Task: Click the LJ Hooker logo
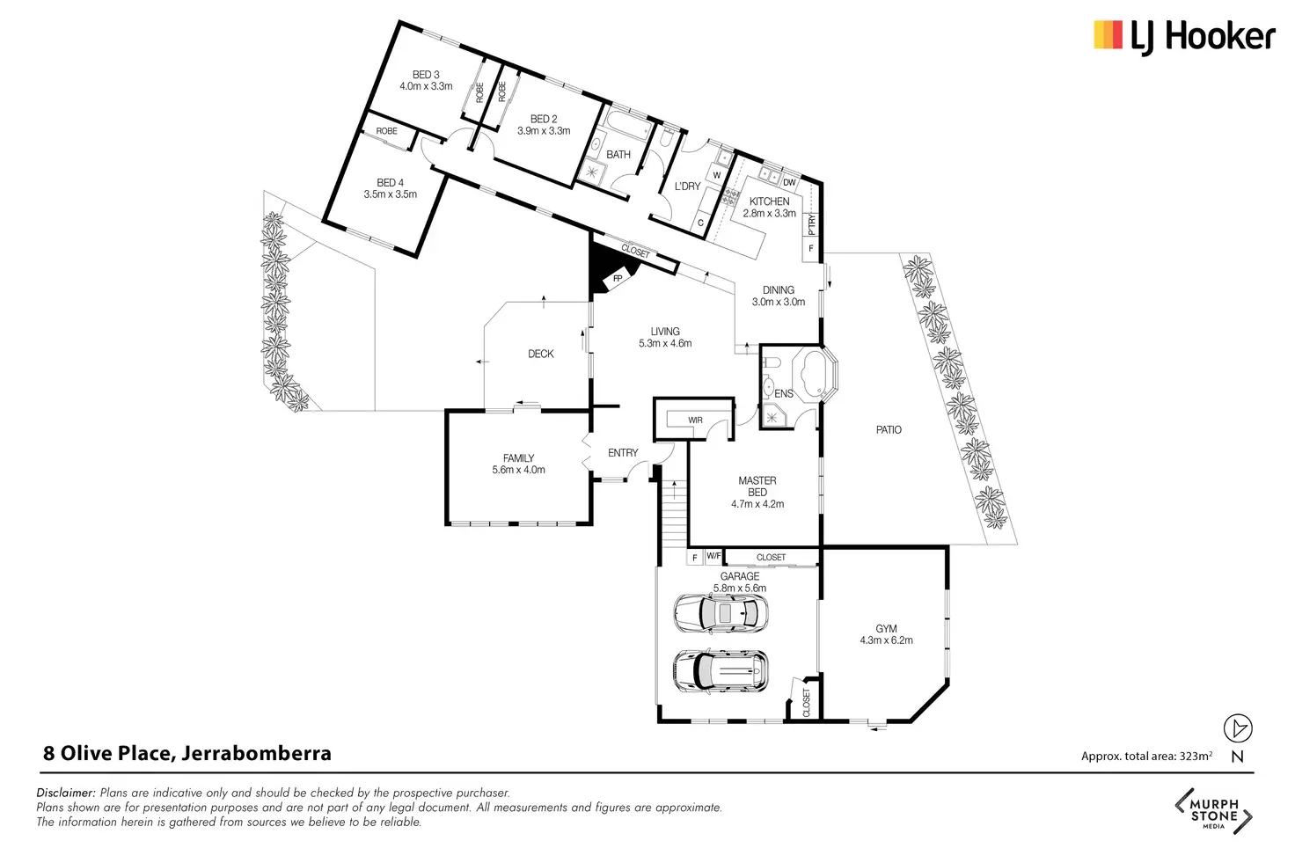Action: pos(1184,37)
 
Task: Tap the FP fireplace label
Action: pos(618,279)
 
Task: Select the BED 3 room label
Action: pos(426,75)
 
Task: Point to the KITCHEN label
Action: pos(769,201)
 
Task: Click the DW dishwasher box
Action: pos(789,183)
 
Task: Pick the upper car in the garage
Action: pos(721,612)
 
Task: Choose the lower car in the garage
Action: pos(721,671)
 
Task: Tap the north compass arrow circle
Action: pos(1238,728)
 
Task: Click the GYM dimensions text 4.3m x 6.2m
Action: pos(886,640)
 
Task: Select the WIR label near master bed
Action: pos(696,421)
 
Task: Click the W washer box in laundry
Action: pos(717,174)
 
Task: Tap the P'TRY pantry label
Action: pos(811,225)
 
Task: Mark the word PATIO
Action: pos(889,429)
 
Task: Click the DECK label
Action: pos(540,354)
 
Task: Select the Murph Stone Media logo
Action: pos(1214,811)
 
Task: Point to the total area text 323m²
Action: pos(1147,756)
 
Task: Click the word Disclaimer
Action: pos(66,793)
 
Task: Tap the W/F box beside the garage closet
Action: pos(714,556)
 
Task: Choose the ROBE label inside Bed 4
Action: pos(387,131)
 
